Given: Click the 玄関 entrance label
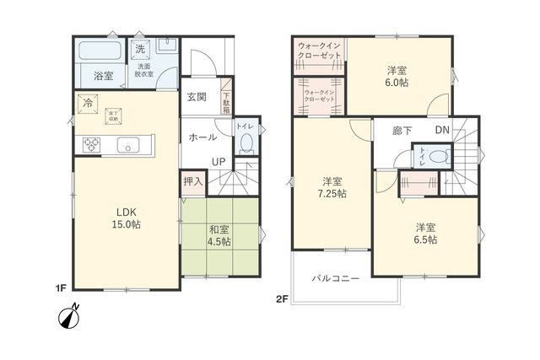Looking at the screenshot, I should click(x=198, y=96).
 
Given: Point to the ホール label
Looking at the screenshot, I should click(x=202, y=137).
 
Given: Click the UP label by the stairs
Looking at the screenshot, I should click(x=218, y=162).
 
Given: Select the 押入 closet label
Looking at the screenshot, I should click(x=193, y=181).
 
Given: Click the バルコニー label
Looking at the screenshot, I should click(x=336, y=277).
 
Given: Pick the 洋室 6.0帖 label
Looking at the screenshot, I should click(x=398, y=76).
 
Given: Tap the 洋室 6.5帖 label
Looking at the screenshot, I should click(x=424, y=234).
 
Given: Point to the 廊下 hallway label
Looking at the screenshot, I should click(x=402, y=131).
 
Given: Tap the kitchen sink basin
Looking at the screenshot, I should click(x=128, y=145).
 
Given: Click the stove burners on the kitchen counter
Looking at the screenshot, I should click(x=91, y=145).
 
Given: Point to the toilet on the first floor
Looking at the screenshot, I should click(x=246, y=142).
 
